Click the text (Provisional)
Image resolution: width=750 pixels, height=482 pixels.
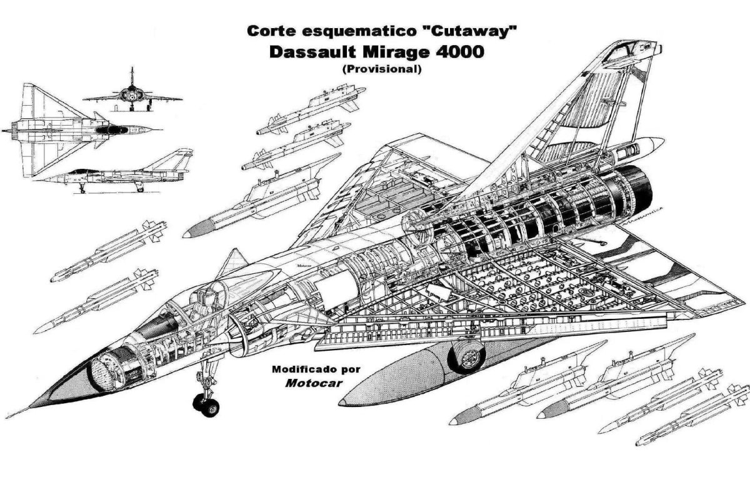381,69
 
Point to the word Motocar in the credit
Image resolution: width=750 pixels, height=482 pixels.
314,383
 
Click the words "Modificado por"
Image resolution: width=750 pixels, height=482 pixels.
316,369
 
